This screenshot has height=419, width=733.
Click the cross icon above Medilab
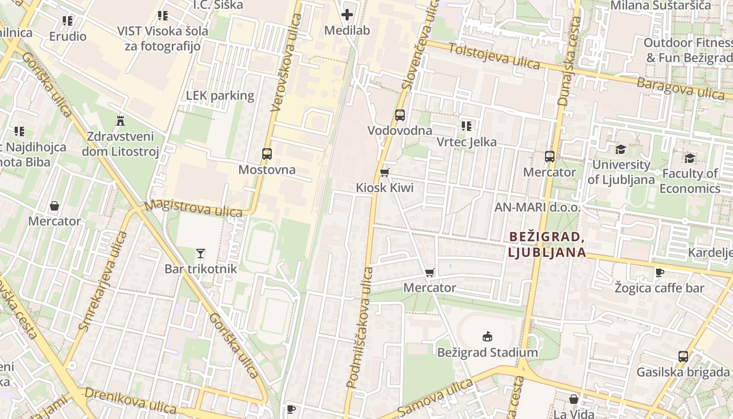tap(347, 15)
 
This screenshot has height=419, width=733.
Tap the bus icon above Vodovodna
tap(400, 115)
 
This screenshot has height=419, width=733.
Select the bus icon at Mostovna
tap(267, 154)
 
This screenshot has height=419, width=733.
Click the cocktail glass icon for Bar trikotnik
tap(201, 253)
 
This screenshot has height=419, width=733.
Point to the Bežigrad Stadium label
tap(487, 352)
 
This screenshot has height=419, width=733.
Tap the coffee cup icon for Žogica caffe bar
tap(660, 272)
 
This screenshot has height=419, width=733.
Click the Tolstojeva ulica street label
tap(494, 55)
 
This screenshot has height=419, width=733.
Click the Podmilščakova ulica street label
tap(360, 327)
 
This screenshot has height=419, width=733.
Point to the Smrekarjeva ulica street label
tap(103, 281)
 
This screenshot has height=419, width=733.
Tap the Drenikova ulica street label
tap(130, 400)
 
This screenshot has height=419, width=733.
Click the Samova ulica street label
tap(435, 399)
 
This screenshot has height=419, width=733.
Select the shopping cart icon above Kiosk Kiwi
tap(385, 172)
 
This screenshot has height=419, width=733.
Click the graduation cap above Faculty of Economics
tap(690, 158)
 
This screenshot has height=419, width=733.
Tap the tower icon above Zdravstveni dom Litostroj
tap(120, 121)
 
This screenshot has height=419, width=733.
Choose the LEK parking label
tap(220, 96)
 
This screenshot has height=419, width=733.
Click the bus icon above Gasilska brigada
tap(683, 357)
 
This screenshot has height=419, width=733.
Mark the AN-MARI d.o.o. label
tap(537, 207)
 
